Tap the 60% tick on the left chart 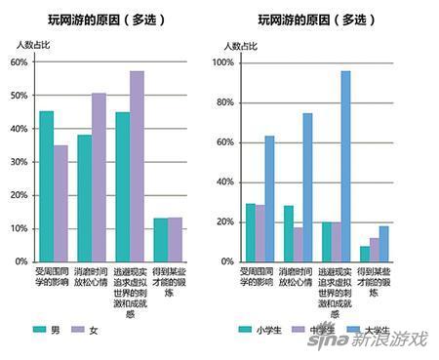pyautogui.click(x=19, y=61)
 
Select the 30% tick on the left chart pyautogui.click(x=19, y=162)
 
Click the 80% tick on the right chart pyautogui.click(x=223, y=102)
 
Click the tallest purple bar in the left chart pyautogui.click(x=137, y=166)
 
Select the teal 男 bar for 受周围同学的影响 pyautogui.click(x=47, y=186)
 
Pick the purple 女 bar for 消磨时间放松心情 pyautogui.click(x=99, y=177)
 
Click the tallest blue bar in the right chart pyautogui.click(x=345, y=166)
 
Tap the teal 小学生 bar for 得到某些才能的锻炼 pyautogui.click(x=364, y=254)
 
